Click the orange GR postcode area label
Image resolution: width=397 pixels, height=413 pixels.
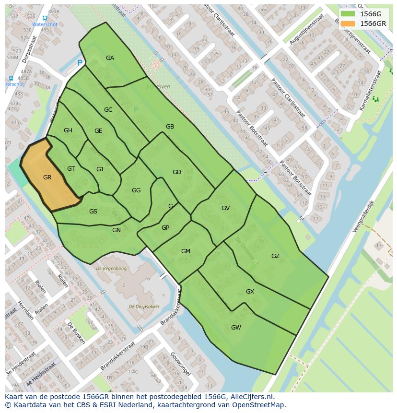(47, 177)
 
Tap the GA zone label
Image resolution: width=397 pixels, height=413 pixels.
(110, 58)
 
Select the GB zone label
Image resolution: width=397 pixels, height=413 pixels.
(170, 127)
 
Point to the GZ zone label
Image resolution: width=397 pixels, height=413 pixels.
(275, 256)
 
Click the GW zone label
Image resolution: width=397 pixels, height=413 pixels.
(236, 328)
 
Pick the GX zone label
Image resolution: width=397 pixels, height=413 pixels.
(250, 292)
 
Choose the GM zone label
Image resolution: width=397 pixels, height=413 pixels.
(186, 251)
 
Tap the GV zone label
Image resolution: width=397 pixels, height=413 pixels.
(225, 208)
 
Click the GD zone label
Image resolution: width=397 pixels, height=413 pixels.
(176, 172)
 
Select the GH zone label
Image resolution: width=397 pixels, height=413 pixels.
(68, 130)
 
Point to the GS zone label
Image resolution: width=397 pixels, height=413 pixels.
(93, 212)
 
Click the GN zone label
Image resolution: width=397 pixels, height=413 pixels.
(117, 230)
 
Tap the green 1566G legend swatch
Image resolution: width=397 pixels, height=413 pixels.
(348, 14)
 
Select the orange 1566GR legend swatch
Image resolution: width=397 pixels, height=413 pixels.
(348, 24)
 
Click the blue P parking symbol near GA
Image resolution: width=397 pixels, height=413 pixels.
(80, 63)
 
